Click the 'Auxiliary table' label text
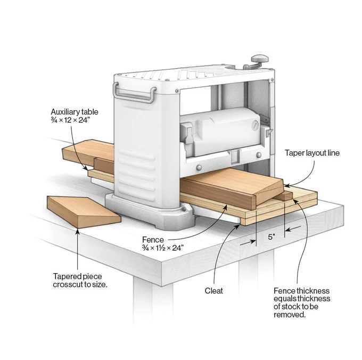point(75,112)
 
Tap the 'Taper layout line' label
point(312,153)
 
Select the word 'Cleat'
point(214,290)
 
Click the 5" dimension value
point(271,237)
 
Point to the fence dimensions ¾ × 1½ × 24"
point(163,248)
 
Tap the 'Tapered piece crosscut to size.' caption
point(80,280)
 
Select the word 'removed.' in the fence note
point(290,315)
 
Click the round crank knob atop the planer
point(260,59)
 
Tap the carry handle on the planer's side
point(134,92)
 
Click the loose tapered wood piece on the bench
point(84,212)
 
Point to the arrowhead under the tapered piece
point(78,231)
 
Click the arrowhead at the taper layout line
point(286,185)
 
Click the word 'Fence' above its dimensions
point(153,240)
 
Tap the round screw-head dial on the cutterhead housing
point(255,125)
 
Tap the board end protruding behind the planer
point(88,151)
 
